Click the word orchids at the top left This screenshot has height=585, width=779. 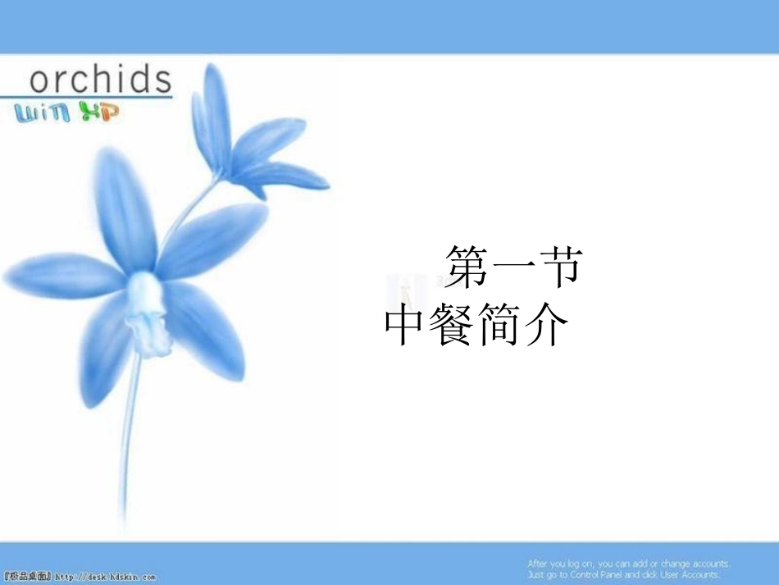(100, 80)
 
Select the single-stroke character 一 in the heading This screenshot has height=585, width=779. (515, 267)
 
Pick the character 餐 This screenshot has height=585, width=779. (453, 325)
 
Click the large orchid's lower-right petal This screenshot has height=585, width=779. (205, 336)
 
